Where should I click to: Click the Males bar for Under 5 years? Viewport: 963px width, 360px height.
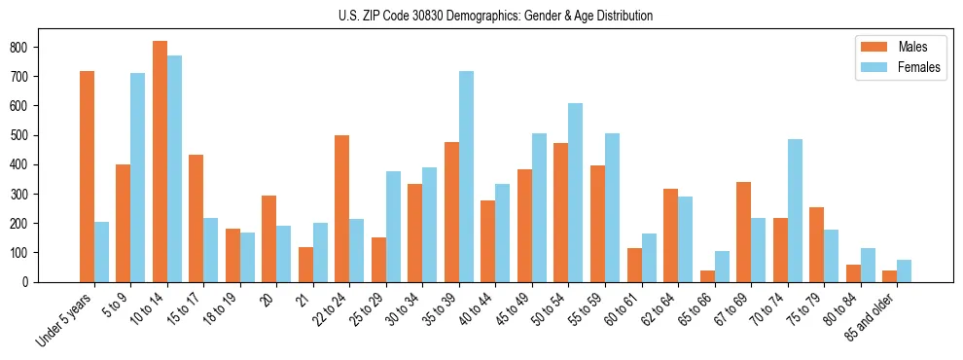[87, 176]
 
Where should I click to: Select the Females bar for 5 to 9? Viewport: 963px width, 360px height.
[138, 177]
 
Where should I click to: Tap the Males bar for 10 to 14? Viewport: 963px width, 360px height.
[160, 162]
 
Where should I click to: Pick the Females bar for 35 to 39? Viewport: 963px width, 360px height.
[467, 176]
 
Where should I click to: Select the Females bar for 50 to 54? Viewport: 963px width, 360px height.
[576, 193]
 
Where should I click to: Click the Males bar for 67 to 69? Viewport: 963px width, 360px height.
[744, 232]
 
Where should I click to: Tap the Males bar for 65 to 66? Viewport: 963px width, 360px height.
[707, 275]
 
